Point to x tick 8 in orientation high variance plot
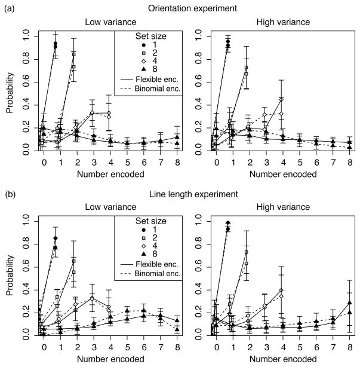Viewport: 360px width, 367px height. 348,162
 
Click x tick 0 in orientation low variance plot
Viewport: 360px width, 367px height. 43,162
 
